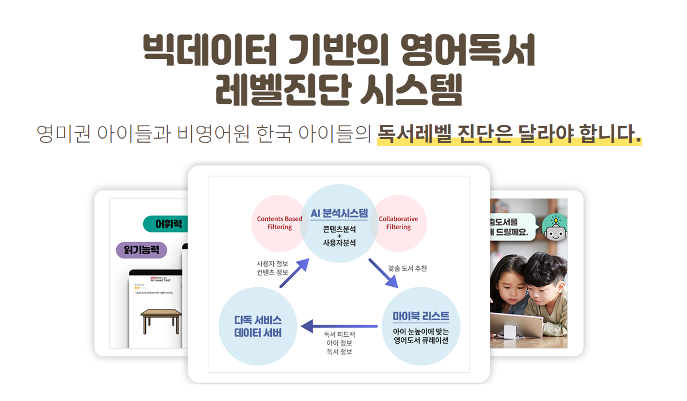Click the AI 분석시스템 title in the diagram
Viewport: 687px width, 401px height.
click(x=339, y=214)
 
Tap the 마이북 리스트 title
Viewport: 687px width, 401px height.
click(x=421, y=316)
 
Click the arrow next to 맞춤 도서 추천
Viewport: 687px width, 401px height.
click(x=384, y=274)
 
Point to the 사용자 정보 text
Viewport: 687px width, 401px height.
click(x=272, y=264)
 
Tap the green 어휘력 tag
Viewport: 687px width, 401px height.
click(x=168, y=223)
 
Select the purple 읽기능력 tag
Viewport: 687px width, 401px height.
click(x=141, y=250)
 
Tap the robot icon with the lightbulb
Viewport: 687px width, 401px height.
click(x=554, y=227)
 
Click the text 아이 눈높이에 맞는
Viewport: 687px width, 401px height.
click(x=421, y=331)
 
